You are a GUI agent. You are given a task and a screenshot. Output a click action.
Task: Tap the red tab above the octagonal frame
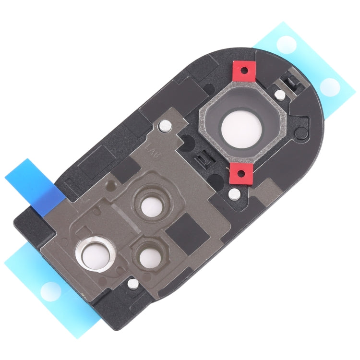(245, 71)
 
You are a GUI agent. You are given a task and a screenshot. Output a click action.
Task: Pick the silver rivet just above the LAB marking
(165, 126)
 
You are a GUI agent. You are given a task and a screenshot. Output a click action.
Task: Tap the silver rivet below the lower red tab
(234, 194)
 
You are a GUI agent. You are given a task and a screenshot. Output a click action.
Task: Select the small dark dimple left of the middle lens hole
(113, 183)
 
